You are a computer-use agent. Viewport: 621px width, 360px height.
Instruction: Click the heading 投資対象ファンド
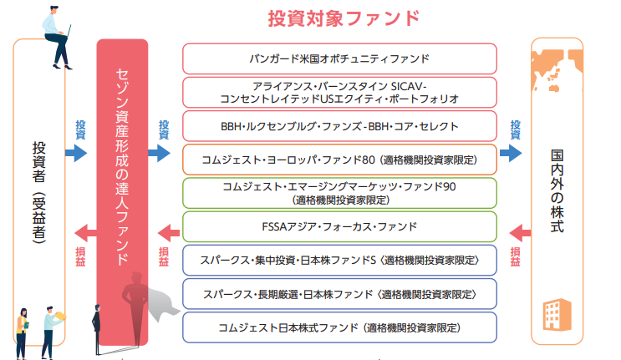[344, 18]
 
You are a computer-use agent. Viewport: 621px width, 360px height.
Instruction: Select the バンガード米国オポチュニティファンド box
[339, 58]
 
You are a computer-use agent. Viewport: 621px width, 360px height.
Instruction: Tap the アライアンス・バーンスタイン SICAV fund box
[339, 92]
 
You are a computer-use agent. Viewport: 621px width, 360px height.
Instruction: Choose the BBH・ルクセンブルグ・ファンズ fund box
[339, 126]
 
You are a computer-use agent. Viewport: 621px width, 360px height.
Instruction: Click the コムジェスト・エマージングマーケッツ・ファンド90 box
[339, 192]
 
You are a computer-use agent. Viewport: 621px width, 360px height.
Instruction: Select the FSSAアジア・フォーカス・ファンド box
[339, 226]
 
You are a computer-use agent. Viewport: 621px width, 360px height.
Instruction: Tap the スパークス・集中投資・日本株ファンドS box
[339, 261]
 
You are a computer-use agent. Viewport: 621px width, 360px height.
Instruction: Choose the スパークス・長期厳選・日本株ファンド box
[339, 294]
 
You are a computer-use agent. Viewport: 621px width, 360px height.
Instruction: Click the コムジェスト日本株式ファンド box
[339, 327]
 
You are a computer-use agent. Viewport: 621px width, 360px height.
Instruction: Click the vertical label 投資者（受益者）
[38, 192]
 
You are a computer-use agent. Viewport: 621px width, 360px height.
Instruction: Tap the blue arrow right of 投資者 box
[76, 153]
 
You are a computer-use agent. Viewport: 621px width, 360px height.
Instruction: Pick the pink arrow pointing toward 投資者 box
[76, 232]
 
